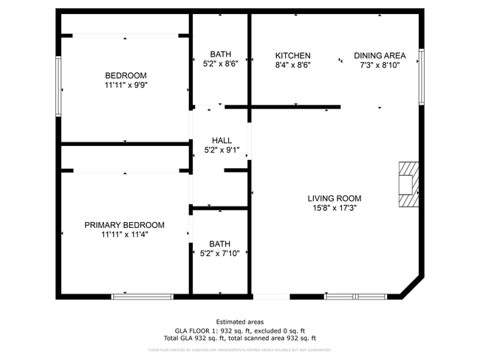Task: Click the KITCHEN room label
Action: pos(292,55)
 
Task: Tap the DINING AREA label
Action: pos(380,55)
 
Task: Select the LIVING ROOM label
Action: pos(335,198)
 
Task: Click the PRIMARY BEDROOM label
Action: pos(124,225)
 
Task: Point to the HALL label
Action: pos(222,140)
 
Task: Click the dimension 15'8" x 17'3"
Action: pos(335,209)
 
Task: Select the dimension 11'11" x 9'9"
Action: pos(126,86)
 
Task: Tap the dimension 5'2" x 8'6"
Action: pos(220,64)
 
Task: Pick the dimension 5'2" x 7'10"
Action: pos(220,254)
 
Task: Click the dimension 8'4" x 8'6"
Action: pos(292,65)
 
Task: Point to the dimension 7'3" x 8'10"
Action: pos(380,65)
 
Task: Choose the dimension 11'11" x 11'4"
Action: pos(124,235)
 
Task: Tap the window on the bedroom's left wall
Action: pos(58,86)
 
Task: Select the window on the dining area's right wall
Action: pos(421,76)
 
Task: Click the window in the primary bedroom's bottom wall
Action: pos(142,297)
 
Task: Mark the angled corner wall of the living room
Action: pos(412,288)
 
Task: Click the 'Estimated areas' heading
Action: pos(239,322)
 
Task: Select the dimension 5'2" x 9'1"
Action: pos(222,150)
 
